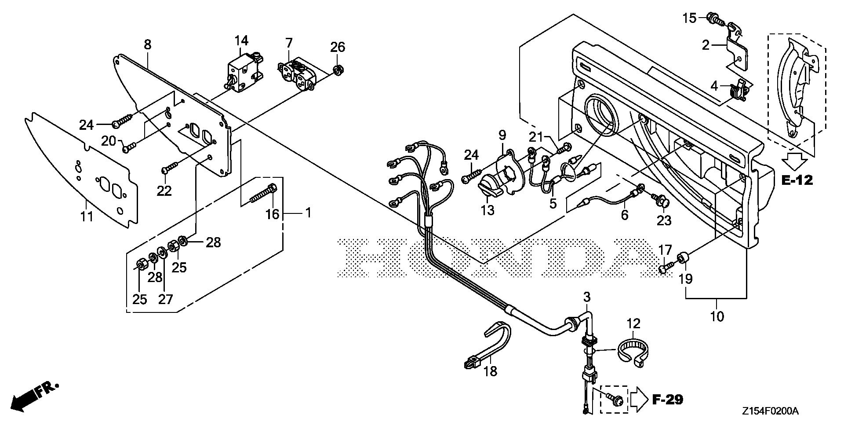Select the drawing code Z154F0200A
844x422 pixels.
tap(770, 411)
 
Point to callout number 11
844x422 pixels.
tap(87, 216)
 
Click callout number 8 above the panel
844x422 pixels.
tap(147, 44)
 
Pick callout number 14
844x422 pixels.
tap(241, 41)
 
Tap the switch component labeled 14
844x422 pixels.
tap(241, 75)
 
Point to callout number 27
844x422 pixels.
tap(165, 299)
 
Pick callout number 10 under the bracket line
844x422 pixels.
tap(717, 316)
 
